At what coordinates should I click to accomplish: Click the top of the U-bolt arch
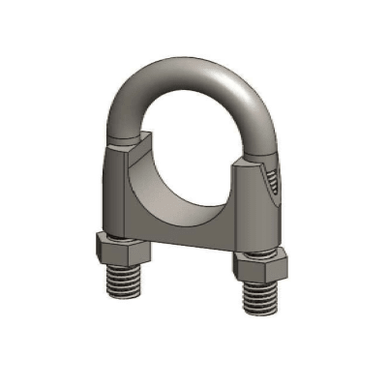[193, 66]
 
